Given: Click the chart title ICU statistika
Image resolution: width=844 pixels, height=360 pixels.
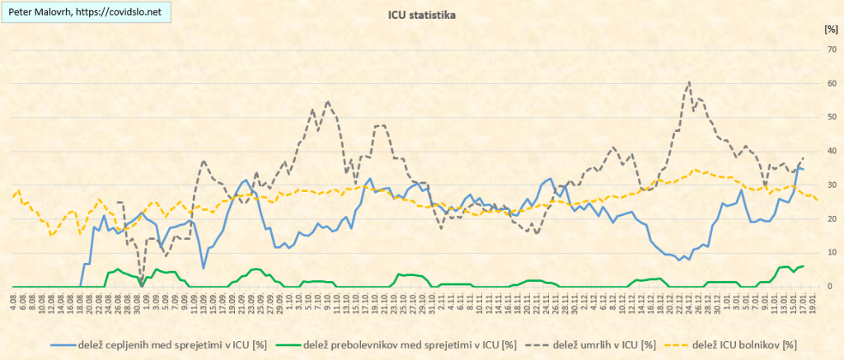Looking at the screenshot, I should tap(421, 14).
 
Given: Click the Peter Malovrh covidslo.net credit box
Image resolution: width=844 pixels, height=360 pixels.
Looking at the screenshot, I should tap(86, 13).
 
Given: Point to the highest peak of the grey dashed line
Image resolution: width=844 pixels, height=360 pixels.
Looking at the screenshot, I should tap(689, 82).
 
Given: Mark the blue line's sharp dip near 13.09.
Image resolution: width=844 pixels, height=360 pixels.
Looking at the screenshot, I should tap(204, 268).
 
